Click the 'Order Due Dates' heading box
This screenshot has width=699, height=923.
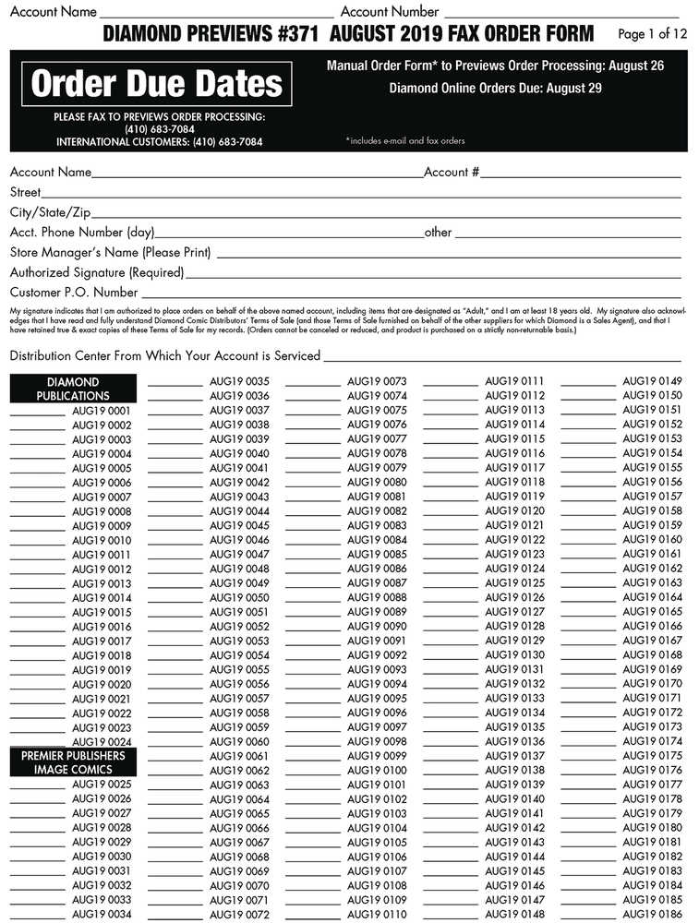click(x=156, y=84)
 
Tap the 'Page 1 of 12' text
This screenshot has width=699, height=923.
click(x=653, y=34)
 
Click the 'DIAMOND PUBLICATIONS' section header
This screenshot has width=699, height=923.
click(x=73, y=389)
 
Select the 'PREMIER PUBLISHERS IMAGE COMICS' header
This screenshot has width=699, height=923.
click(x=73, y=762)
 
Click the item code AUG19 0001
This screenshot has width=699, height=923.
click(x=102, y=411)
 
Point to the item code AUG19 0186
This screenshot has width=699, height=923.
click(x=652, y=914)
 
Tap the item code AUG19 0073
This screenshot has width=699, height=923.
click(x=377, y=381)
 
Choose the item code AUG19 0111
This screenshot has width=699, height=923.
click(x=514, y=381)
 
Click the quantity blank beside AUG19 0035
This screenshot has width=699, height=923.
click(x=175, y=383)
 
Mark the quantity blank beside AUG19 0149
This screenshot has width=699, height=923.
click(x=587, y=383)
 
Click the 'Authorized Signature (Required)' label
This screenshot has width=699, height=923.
click(x=97, y=272)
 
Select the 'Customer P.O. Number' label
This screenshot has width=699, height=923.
click(x=73, y=293)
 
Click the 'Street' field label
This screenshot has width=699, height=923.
click(x=25, y=192)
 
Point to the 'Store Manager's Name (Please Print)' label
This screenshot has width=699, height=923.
click(x=110, y=252)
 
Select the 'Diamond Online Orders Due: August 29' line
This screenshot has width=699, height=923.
click(x=495, y=89)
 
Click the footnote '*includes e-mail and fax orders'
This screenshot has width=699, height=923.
click(x=405, y=141)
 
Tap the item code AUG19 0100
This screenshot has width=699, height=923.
click(x=377, y=770)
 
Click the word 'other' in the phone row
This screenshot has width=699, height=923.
click(x=438, y=233)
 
